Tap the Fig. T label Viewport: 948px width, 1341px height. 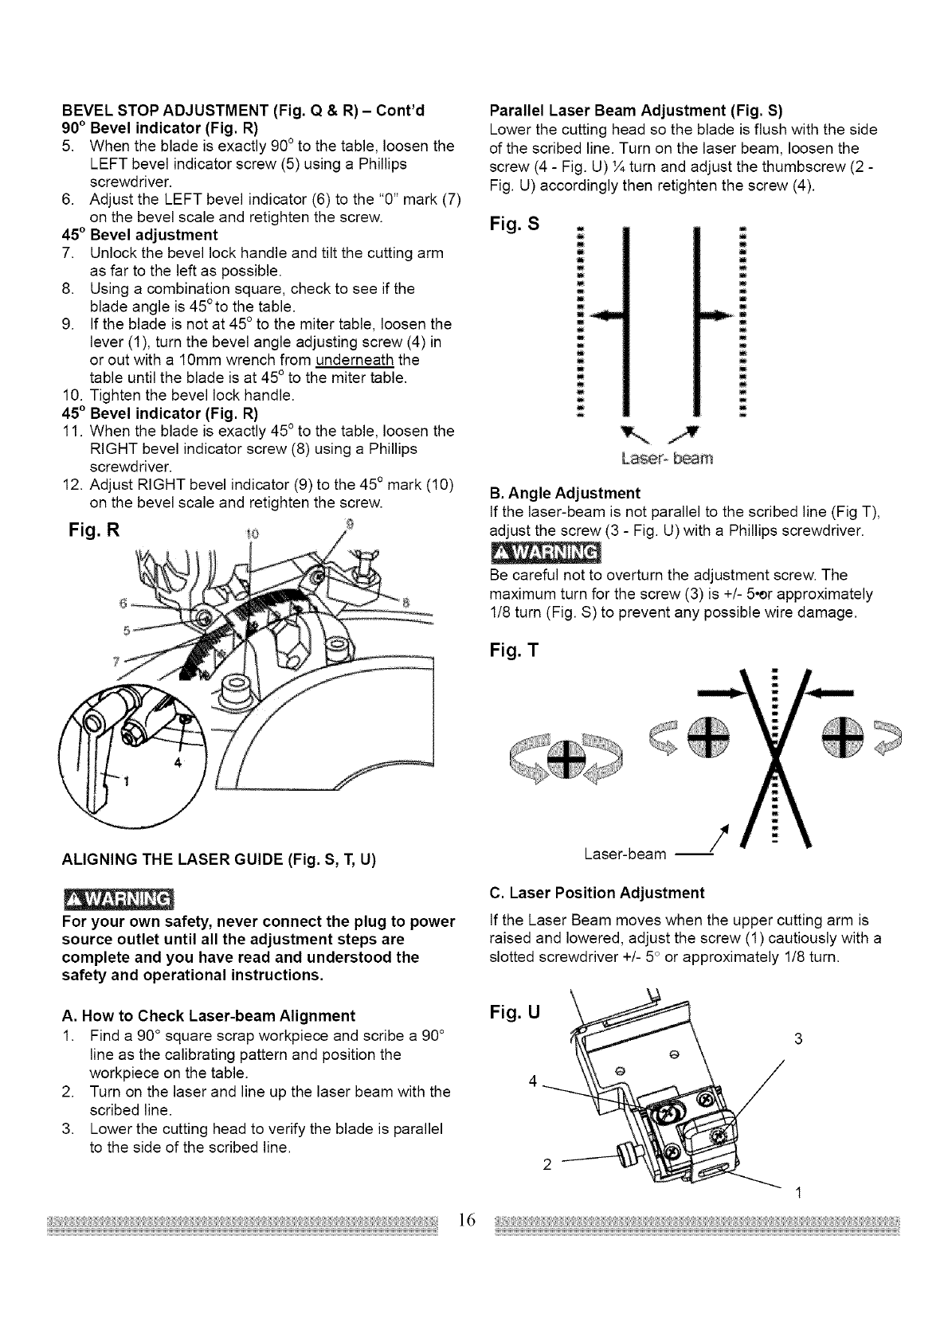[513, 651]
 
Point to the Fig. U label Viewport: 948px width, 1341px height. [513, 1013]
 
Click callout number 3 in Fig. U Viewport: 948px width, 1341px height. [798, 1038]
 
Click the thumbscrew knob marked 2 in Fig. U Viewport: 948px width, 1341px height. [624, 1151]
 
